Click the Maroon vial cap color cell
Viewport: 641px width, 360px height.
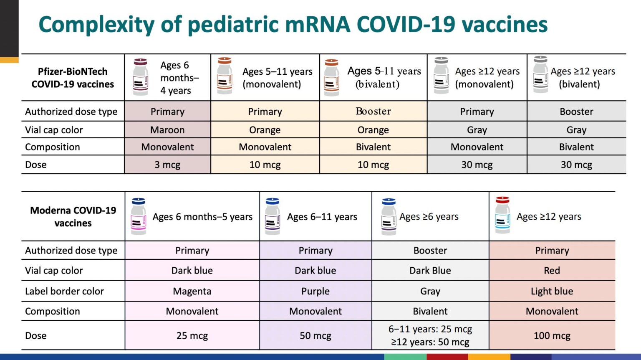point(167,130)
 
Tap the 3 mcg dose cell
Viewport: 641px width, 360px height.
point(167,165)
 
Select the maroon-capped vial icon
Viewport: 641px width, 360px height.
point(141,77)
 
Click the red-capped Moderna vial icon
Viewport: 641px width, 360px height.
point(502,215)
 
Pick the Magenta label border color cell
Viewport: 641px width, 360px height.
point(192,291)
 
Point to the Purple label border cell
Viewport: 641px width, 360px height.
point(315,291)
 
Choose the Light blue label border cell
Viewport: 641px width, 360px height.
point(552,291)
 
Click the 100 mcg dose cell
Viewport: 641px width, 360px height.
point(552,335)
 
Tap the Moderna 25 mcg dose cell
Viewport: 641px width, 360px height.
point(192,335)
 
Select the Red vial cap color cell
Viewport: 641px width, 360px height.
point(552,270)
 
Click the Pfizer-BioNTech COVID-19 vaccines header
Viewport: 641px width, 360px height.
point(73,78)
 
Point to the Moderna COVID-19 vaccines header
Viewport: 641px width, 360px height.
point(73,216)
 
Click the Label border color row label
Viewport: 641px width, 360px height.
point(64,291)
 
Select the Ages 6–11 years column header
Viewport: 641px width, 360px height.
point(322,217)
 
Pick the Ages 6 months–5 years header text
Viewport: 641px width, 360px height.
point(202,217)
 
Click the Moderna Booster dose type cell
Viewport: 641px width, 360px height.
point(430,250)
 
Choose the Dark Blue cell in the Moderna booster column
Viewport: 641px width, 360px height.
point(430,270)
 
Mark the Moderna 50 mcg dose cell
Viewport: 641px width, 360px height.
point(315,335)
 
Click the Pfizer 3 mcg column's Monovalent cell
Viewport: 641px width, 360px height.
point(167,147)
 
